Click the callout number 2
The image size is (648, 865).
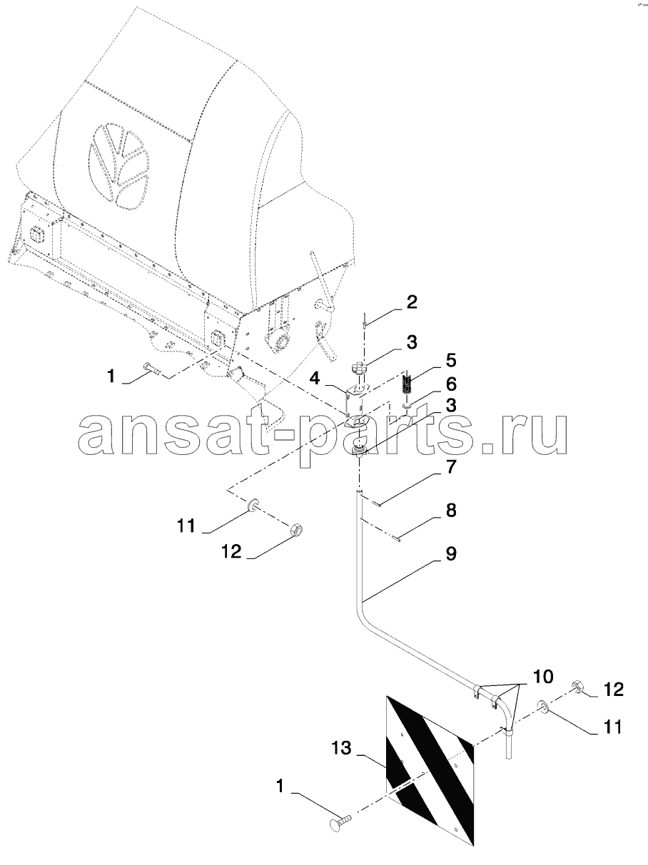(x=411, y=302)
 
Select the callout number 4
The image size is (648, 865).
(x=315, y=379)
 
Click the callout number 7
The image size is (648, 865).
(x=450, y=467)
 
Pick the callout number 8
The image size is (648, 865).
(x=450, y=511)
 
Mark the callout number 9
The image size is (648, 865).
(x=450, y=553)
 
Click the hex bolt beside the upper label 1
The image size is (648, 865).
(x=153, y=369)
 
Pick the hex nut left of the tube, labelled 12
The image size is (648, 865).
(x=296, y=529)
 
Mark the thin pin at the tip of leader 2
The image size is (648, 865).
(x=365, y=319)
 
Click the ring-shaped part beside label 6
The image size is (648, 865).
(x=407, y=406)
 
